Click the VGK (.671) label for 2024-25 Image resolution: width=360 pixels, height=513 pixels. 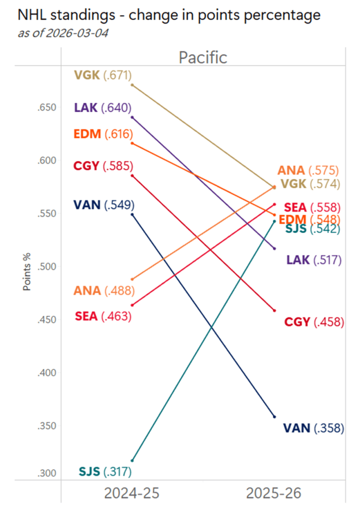[x=103, y=76]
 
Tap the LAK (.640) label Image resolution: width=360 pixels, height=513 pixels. [x=103, y=108]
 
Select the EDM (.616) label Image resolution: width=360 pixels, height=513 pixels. [x=103, y=134]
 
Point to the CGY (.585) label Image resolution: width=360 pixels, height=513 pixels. [x=103, y=166]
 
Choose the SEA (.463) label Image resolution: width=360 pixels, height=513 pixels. [x=103, y=317]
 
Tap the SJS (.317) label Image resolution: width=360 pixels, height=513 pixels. [x=105, y=471]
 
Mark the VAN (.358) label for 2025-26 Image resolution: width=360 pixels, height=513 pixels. [x=313, y=428]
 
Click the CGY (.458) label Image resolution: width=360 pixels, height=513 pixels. [x=314, y=322]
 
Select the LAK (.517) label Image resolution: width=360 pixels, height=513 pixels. [x=314, y=260]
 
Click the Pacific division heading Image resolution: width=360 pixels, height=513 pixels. [x=203, y=57]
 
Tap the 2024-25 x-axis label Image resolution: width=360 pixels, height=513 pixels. [x=132, y=493]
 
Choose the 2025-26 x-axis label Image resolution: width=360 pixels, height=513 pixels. [x=274, y=493]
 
